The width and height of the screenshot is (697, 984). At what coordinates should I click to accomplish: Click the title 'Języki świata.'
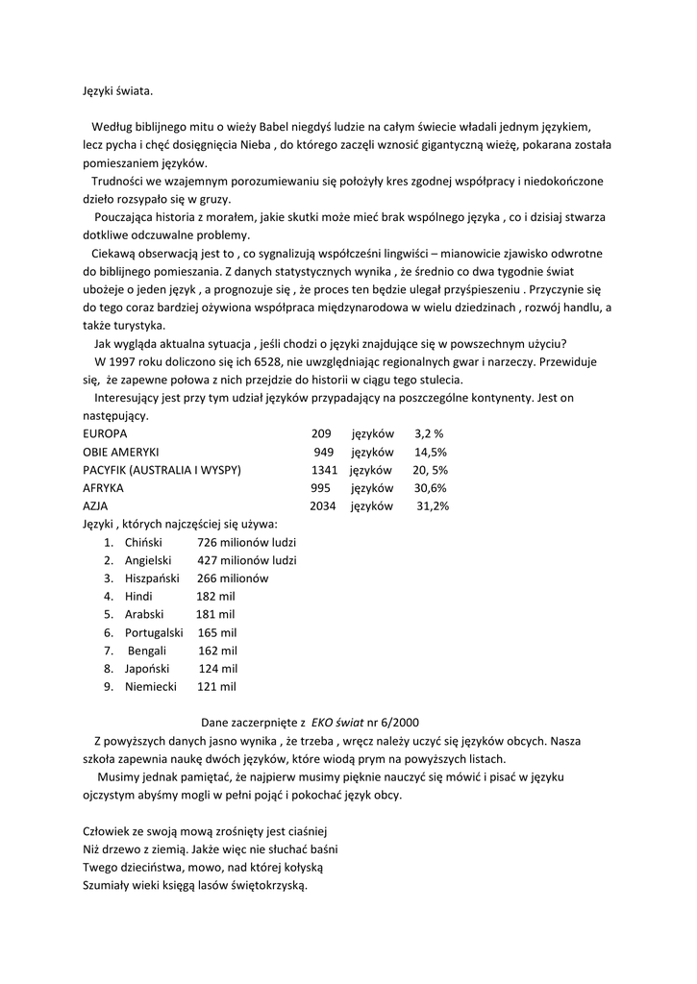point(117,91)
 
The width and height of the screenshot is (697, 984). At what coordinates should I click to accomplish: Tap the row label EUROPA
point(105,433)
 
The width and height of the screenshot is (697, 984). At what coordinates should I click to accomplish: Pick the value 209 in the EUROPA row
point(321,433)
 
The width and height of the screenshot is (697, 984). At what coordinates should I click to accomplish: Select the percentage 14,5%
point(431,452)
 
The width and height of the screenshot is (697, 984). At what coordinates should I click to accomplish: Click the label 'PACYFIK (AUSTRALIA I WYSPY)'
point(162,470)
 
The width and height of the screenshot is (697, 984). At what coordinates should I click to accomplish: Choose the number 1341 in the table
point(324,470)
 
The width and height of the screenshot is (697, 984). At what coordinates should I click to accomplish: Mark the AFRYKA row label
point(103,488)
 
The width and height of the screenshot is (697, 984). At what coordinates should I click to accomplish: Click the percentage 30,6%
point(431,488)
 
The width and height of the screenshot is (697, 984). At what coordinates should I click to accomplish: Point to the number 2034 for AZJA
point(323,506)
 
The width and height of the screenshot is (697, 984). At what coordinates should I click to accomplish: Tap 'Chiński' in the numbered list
point(143,543)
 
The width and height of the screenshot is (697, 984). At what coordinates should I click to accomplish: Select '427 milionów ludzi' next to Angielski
point(247,560)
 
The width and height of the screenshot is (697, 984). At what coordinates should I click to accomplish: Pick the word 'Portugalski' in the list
point(154,633)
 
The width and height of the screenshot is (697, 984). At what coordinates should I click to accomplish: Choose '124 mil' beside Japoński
point(218,669)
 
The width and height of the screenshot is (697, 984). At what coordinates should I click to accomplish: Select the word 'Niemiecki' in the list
point(151,687)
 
